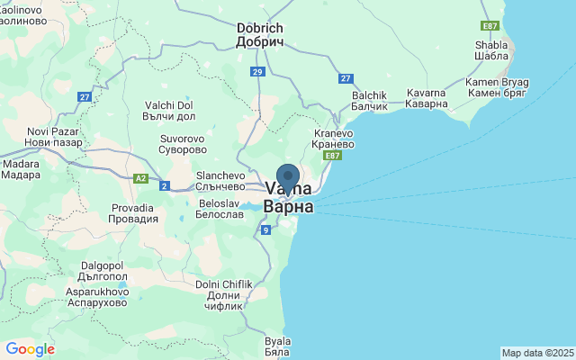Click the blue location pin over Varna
pos(288,178)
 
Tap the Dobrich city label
pos(260,35)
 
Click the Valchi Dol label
pos(169,111)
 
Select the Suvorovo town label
pos(183,144)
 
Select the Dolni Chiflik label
pos(220,295)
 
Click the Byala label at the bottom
pos(278,346)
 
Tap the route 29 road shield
pos(258,72)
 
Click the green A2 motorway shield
pos(140,178)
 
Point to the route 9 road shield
pos(265,230)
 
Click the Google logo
pos(30,349)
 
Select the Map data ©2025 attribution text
pos(537,353)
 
